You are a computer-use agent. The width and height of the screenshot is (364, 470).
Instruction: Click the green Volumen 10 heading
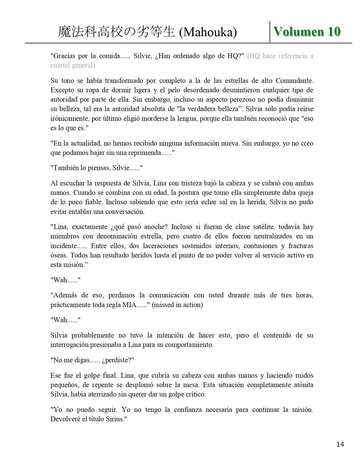pos(307,32)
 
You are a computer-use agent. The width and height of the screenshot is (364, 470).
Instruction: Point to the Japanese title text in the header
pos(116,32)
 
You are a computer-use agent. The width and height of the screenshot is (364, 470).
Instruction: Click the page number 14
pos(340,444)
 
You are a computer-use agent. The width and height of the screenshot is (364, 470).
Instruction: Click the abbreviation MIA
pos(129,305)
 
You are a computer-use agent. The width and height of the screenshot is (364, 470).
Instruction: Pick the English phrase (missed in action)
pos(177,305)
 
